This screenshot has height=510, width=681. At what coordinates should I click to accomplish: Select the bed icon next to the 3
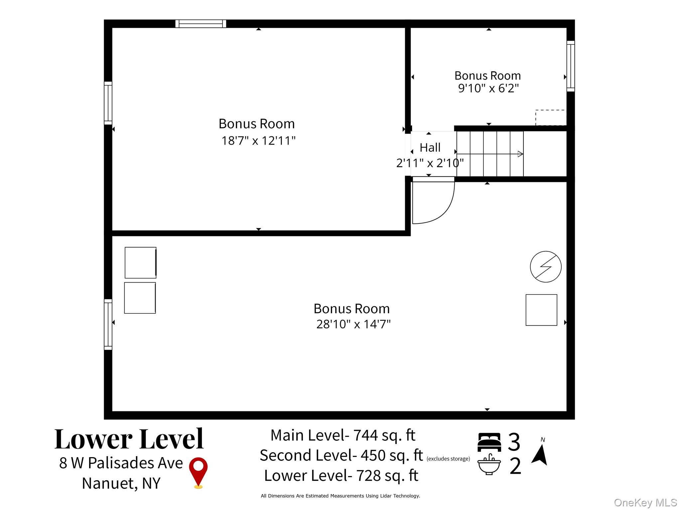coord(489,442)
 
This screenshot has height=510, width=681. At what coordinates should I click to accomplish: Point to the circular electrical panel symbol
coord(546,267)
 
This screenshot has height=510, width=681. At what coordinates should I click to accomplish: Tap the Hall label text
coord(430,147)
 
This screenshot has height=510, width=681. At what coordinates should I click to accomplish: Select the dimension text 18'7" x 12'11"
coord(258,141)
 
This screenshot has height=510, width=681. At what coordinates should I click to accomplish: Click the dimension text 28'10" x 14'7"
coord(353,324)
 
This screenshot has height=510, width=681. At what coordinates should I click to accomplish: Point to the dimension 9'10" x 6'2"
coord(488,88)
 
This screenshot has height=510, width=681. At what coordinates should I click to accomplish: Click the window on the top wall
coord(201,24)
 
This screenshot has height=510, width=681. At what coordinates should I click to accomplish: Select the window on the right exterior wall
coord(571,66)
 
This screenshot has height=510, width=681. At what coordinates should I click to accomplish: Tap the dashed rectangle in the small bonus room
coord(551,118)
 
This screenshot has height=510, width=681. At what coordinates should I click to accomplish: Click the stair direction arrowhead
coord(520,154)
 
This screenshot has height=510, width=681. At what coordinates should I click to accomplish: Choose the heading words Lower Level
coord(129,439)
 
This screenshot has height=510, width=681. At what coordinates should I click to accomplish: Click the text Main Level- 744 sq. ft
coord(343,435)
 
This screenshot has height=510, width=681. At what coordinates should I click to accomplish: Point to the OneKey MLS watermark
coord(645,503)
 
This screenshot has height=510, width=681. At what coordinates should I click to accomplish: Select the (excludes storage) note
coord(448,459)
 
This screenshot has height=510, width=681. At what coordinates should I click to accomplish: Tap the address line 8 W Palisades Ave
coord(121,463)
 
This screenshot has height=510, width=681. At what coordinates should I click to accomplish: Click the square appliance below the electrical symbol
coord(541,310)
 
